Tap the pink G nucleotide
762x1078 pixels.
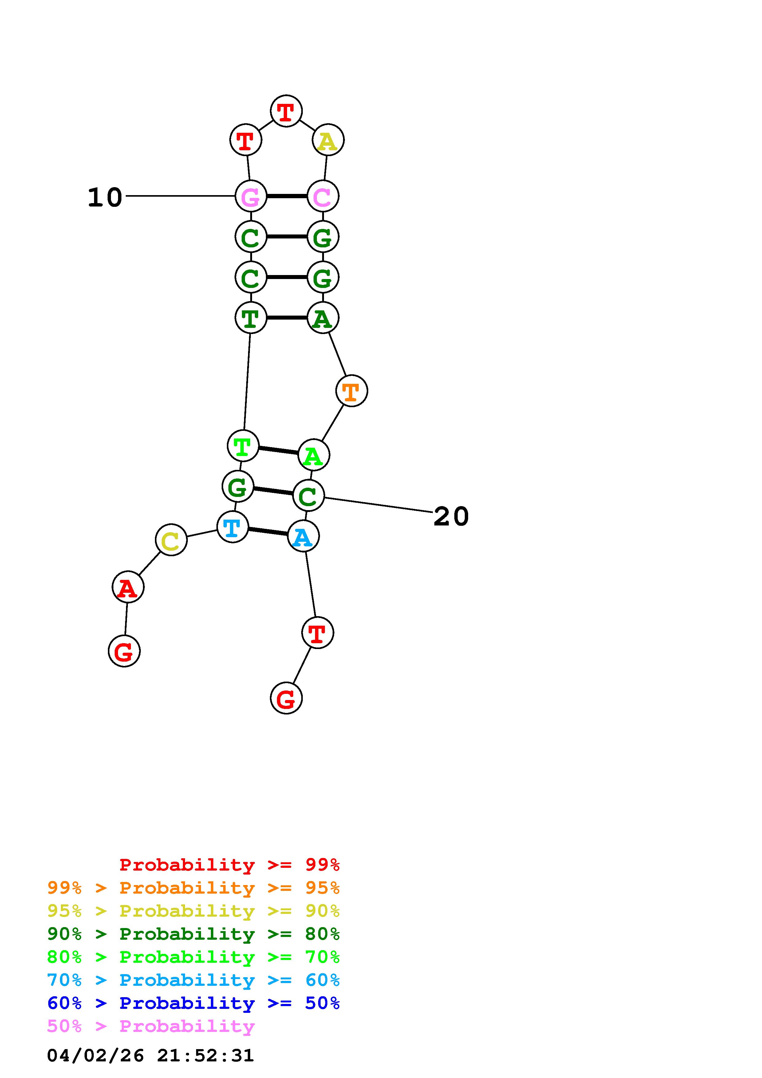pos(251,196)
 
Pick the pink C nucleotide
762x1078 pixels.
pos(322,196)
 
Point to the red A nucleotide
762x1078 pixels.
pos(128,587)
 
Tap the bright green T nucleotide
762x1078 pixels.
pos(243,446)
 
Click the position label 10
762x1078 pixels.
pos(105,197)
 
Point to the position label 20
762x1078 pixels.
pos(451,517)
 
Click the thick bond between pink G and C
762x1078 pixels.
pos(286,196)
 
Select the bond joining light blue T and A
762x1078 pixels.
pos(268,532)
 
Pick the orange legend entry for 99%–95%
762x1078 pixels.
pos(193,888)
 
